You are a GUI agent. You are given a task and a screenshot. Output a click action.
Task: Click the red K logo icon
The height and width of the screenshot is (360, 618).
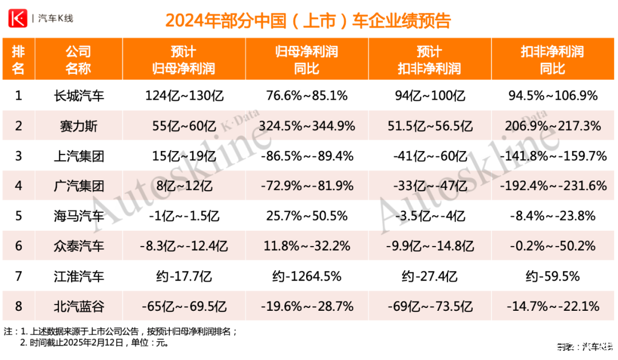pos(18,18)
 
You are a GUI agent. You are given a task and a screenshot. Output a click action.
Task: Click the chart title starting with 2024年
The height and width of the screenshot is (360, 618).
pos(308,21)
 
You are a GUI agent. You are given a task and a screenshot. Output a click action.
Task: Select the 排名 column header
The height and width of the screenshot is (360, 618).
pos(18,60)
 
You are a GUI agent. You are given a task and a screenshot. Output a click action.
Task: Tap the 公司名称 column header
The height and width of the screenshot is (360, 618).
pos(78,60)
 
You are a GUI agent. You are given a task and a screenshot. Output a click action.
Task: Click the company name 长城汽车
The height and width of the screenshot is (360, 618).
pos(78,96)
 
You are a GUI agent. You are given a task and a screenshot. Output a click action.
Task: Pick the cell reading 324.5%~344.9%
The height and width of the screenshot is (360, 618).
pos(307,126)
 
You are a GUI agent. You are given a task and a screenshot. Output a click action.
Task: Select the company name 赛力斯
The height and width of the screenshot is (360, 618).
pos(78,126)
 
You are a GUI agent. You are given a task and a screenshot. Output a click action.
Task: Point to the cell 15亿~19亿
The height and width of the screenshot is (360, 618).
pos(184,156)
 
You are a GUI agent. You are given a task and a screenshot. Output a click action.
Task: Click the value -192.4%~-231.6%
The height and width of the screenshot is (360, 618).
pos(553,186)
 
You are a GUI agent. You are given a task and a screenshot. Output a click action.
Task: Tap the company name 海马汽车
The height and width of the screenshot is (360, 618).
pos(78,216)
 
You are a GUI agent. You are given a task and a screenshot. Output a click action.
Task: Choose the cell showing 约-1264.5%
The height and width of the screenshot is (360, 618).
pos(307,276)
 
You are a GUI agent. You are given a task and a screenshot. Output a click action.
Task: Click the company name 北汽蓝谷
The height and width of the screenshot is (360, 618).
pos(78,307)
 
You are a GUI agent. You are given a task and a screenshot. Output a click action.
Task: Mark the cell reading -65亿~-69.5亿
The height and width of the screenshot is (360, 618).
pos(184,307)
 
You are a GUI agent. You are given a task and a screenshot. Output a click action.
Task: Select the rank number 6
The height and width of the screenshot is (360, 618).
pos(18,247)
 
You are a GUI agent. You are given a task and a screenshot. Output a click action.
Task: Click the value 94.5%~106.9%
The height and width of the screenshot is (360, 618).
pos(553,96)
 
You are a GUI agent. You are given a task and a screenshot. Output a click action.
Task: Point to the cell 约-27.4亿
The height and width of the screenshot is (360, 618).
pos(429,276)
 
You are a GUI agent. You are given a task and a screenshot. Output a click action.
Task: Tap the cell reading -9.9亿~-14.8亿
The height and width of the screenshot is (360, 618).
pos(429,247)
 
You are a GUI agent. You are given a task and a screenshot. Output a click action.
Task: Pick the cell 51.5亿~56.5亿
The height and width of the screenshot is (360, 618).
pos(429,126)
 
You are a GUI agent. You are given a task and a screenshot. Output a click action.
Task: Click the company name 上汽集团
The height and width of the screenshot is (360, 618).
pos(78,156)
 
